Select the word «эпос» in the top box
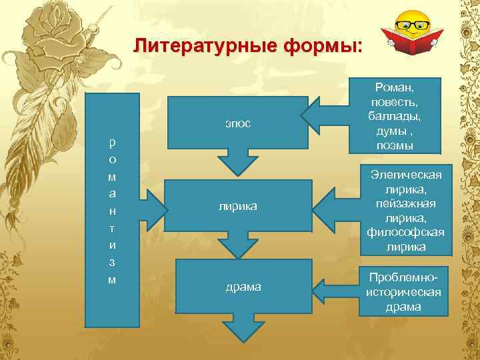click(237, 125)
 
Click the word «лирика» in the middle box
click(237, 208)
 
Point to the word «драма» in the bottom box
click(243, 287)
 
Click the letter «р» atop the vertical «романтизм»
click(112, 142)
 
